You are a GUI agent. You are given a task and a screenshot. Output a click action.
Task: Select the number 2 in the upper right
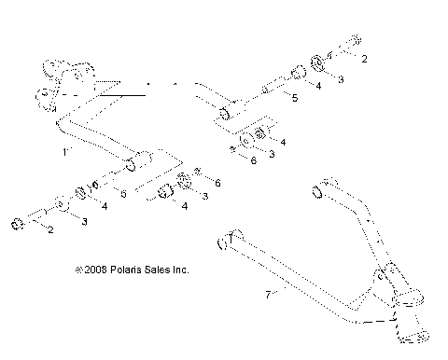[x=364, y=60]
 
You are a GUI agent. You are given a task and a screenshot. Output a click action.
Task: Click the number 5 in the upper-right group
[x=294, y=97]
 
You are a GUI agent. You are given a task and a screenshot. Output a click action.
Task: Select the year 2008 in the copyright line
[x=94, y=270]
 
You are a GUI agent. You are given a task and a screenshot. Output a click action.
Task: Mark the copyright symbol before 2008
[x=77, y=270]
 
